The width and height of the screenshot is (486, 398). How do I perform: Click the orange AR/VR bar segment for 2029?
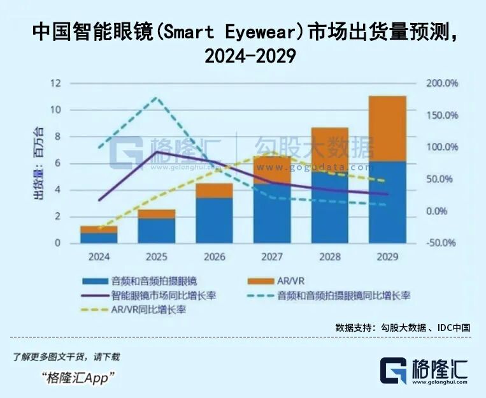(387, 128)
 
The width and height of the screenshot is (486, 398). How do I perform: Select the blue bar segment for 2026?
(214, 220)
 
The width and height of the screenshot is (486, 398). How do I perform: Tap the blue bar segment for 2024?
(99, 237)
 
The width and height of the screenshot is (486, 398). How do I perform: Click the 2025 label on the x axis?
(156, 257)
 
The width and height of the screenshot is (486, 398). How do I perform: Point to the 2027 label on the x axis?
(272, 257)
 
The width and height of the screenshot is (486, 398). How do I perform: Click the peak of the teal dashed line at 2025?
(156, 98)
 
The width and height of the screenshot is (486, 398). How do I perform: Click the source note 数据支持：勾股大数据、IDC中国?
(403, 327)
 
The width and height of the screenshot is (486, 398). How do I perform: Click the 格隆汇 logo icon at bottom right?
(393, 371)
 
